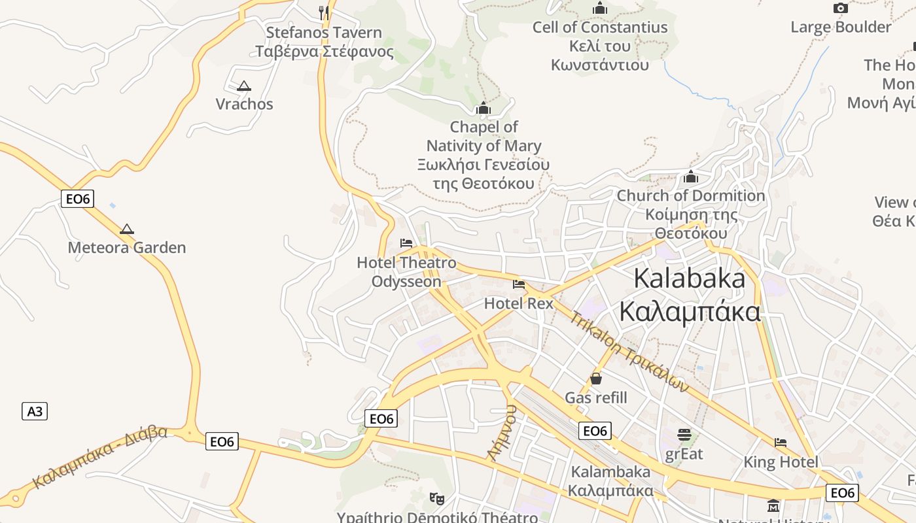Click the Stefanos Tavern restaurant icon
click(323, 11)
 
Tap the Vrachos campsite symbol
click(244, 86)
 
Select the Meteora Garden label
click(127, 248)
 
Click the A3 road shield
click(35, 411)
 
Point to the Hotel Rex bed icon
click(519, 284)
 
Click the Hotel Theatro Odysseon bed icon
click(406, 243)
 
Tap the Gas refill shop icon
click(596, 379)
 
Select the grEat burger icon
click(684, 435)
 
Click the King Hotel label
click(781, 462)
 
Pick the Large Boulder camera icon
click(841, 8)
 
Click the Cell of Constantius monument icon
click(599, 8)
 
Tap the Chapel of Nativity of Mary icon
click(484, 108)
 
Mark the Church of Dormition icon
click(691, 177)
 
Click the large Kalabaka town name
click(690, 295)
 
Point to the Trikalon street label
click(629, 352)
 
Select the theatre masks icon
click(437, 499)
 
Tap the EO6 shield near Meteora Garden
click(77, 199)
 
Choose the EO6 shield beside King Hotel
click(842, 493)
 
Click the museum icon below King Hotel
click(773, 506)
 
